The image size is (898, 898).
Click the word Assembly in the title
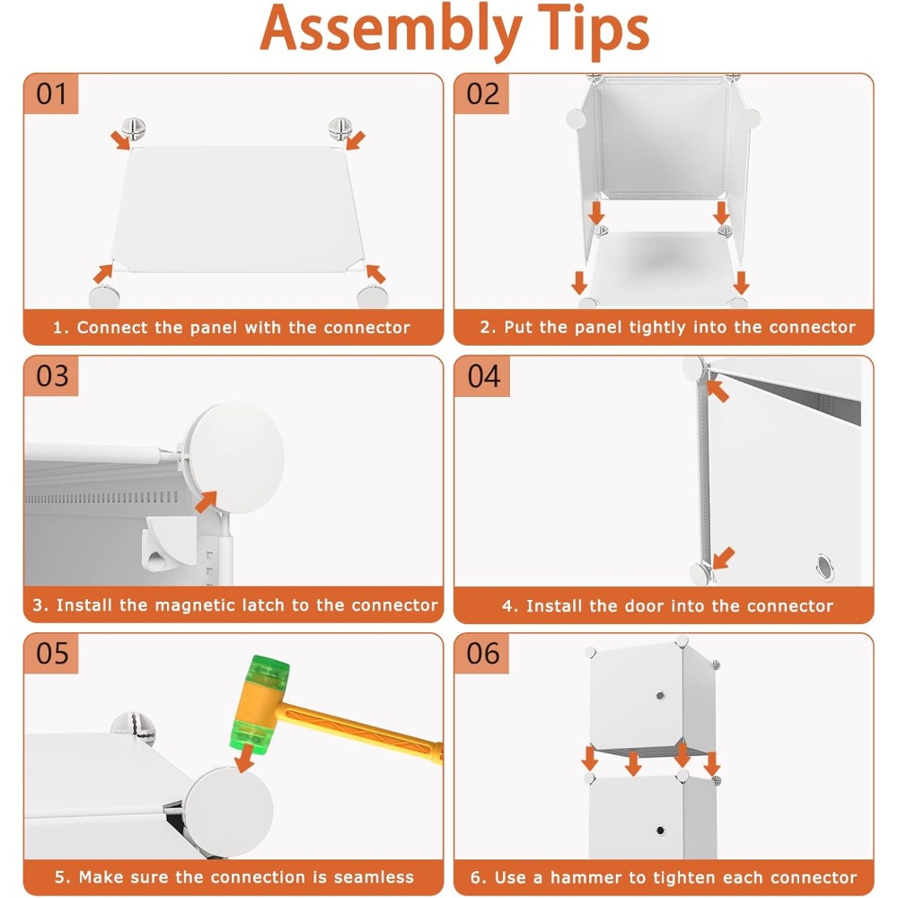pos(391,30)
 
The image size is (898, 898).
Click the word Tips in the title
pos(594,30)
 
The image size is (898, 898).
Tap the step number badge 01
pos(51,94)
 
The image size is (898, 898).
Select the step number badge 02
pos(482,94)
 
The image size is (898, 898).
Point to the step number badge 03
pos(51,376)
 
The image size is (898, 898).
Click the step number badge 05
pos(51,654)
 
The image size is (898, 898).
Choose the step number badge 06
pos(482,654)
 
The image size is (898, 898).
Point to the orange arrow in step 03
pos(207,502)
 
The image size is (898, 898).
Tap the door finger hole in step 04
pos(824,567)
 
